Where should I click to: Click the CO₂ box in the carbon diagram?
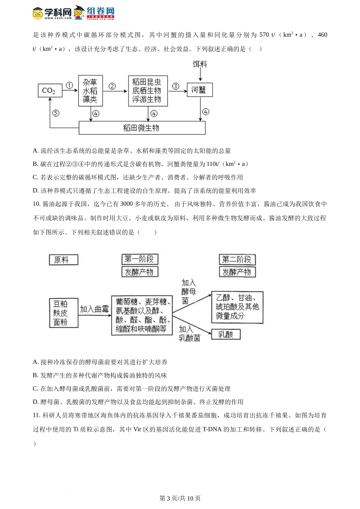coord(50,91)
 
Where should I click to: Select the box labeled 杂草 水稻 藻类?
coord(91,91)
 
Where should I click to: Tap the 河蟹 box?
coord(200,90)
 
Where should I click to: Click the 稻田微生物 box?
coord(142,128)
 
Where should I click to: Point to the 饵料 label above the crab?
coord(200,64)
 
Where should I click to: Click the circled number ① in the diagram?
coord(69,85)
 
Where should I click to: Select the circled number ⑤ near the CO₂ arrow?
coord(56,113)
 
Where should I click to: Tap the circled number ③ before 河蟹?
coord(175,86)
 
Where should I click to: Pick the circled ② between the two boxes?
coord(112,86)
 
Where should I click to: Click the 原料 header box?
coord(63,260)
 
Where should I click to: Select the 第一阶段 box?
coord(139,259)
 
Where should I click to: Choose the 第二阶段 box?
coord(237,259)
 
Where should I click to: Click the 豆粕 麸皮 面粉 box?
coord(63,313)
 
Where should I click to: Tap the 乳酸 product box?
coord(226,334)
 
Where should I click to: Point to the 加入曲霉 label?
coord(94,309)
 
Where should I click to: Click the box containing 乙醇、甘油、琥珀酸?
coord(237,307)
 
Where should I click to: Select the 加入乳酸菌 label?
coord(189,334)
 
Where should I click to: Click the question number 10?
coord(36,204)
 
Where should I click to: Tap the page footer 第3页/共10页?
coord(180,498)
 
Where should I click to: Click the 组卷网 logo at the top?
coord(94,12)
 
